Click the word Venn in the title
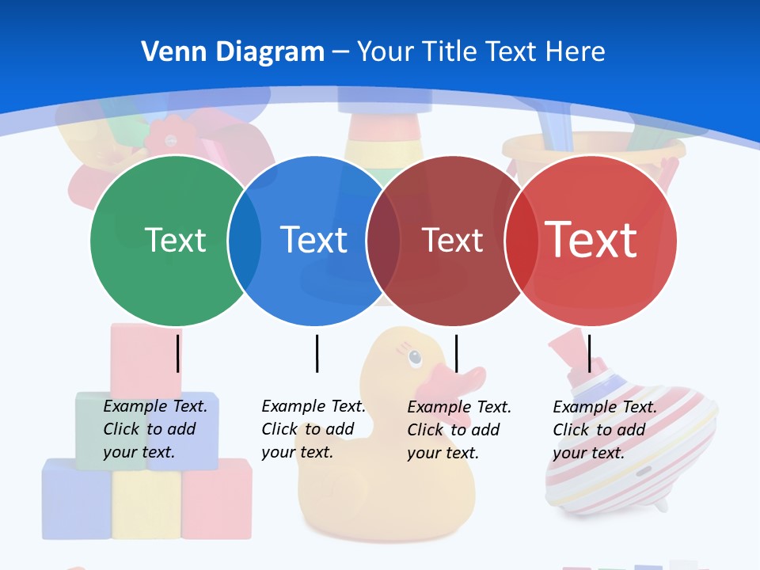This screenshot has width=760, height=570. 168,52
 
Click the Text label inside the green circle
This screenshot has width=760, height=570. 175,240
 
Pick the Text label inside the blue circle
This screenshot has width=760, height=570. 313,240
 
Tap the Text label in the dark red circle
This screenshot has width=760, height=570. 452,240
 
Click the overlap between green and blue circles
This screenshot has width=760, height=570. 245,240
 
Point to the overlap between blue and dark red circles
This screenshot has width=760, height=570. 383,240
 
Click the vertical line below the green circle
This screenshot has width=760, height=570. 178,353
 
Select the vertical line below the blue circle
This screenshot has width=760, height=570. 317,353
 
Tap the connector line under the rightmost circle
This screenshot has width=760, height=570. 589,353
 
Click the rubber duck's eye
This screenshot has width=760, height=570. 416,359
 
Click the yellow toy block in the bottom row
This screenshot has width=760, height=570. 146,505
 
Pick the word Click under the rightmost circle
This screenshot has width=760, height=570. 570,430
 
